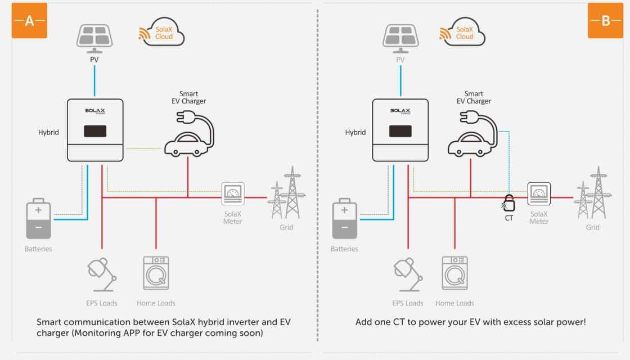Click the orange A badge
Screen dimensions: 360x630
click(29, 21)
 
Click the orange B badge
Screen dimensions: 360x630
click(605, 21)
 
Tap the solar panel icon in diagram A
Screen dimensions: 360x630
click(94, 38)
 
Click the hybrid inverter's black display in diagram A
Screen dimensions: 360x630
click(95, 131)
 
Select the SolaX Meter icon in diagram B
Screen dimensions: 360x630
click(539, 194)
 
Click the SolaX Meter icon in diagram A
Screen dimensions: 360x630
click(233, 194)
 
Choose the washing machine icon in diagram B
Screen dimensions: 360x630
click(454, 273)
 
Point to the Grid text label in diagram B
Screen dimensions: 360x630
click(593, 228)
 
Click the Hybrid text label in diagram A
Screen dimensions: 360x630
click(48, 133)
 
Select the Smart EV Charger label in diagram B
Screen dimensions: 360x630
click(474, 98)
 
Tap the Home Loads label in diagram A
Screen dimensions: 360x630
click(156, 303)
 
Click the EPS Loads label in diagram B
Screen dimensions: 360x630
click(408, 303)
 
